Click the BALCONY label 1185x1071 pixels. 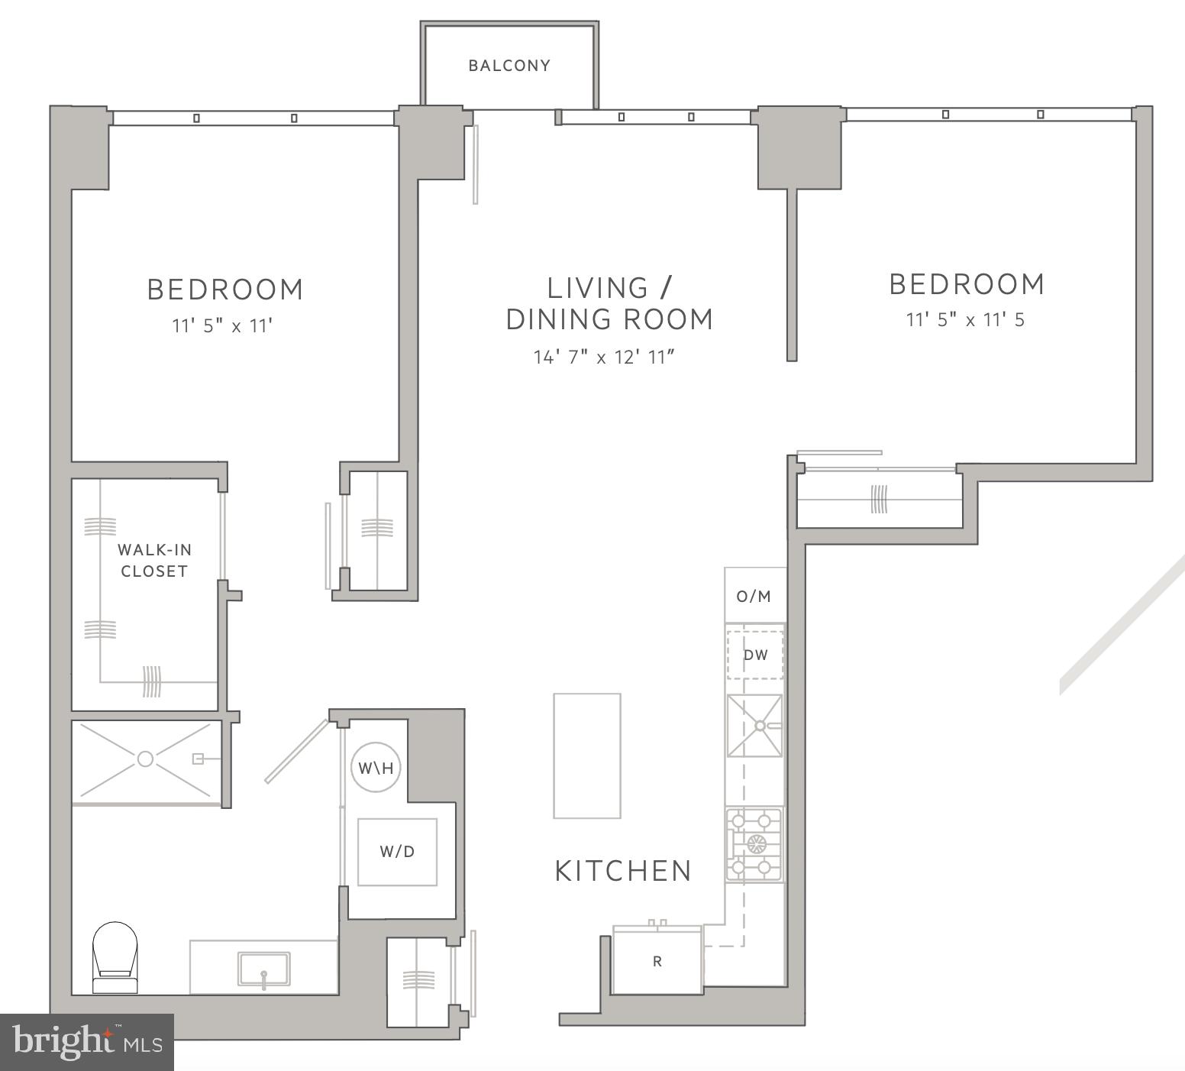(509, 66)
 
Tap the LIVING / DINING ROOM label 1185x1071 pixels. (609, 303)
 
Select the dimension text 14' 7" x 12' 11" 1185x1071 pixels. (604, 357)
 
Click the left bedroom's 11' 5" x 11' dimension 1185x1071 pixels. (222, 326)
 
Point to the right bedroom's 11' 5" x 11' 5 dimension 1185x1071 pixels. (965, 320)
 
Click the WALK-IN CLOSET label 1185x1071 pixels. (154, 560)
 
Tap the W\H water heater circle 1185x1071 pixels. (376, 767)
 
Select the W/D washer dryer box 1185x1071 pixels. (398, 852)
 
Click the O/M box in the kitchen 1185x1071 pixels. (754, 596)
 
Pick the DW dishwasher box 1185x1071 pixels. (755, 655)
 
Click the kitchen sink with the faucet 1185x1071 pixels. (754, 725)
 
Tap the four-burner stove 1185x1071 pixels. (754, 845)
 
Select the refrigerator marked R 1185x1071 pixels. (657, 961)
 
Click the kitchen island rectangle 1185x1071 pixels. (586, 756)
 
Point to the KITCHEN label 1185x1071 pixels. (623, 871)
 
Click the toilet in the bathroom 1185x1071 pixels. (115, 956)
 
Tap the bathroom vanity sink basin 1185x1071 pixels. (263, 969)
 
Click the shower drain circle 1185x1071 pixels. (145, 759)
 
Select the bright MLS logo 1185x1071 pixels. (87, 1042)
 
